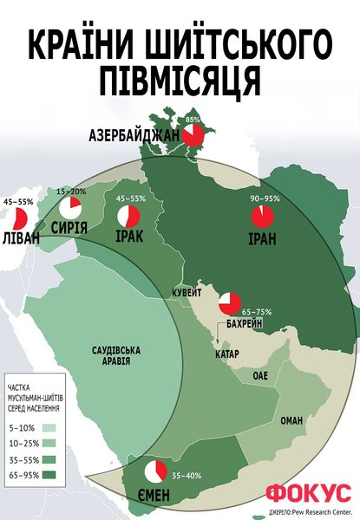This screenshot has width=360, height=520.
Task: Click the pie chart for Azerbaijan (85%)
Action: coord(193,135)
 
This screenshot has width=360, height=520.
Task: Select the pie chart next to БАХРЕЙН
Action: coord(230,303)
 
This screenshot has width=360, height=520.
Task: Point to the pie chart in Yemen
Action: coord(155,471)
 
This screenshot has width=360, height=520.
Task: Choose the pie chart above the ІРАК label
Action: coord(128,214)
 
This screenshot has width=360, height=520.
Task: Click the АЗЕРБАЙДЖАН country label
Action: coord(134,136)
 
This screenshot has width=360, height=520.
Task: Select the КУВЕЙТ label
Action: coord(187,293)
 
